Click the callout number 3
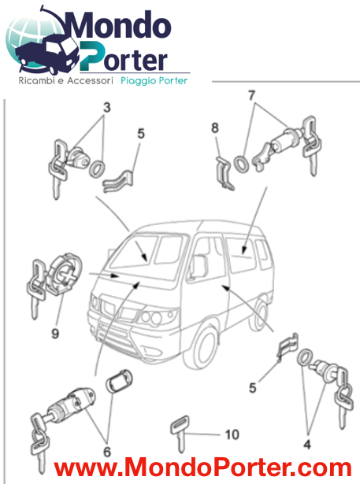click(x=106, y=107)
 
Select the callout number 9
click(x=54, y=333)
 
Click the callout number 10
click(x=231, y=434)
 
